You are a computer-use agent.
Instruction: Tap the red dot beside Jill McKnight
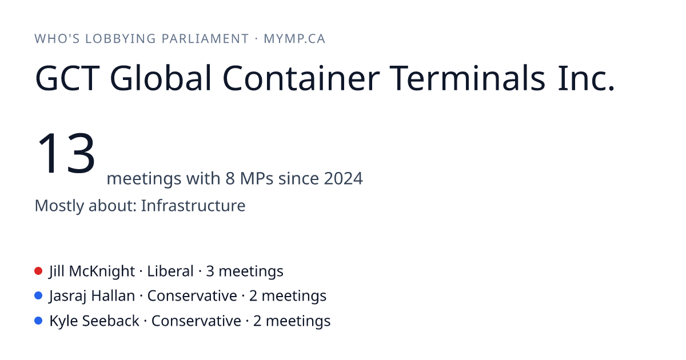38,271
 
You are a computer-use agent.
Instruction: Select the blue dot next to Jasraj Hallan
38,296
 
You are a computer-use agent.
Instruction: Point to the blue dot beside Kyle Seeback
38,321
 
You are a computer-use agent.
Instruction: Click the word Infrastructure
193,205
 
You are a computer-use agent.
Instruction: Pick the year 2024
344,178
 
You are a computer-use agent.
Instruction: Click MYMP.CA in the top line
294,39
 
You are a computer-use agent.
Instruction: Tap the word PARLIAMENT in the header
205,39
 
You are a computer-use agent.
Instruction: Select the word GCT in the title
67,78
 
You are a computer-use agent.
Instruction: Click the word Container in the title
301,78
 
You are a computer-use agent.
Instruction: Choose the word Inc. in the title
586,78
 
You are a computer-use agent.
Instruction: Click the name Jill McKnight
92,271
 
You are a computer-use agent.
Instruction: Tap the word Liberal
170,271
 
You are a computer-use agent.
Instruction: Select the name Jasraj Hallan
92,297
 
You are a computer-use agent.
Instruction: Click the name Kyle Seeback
94,321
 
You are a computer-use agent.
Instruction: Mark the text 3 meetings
245,271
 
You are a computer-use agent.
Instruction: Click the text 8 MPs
249,178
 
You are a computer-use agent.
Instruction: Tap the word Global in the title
161,78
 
